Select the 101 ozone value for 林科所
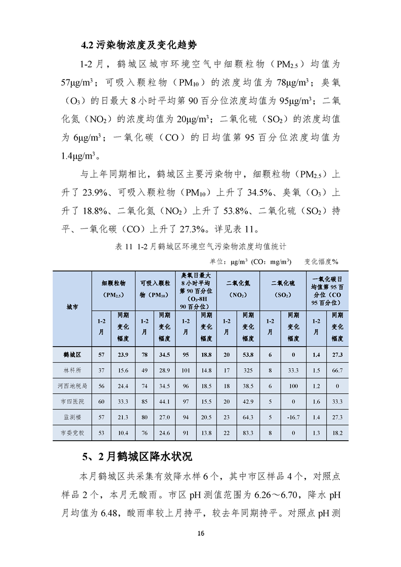185,370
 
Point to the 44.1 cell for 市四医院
164,402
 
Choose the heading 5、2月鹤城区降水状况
137,457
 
